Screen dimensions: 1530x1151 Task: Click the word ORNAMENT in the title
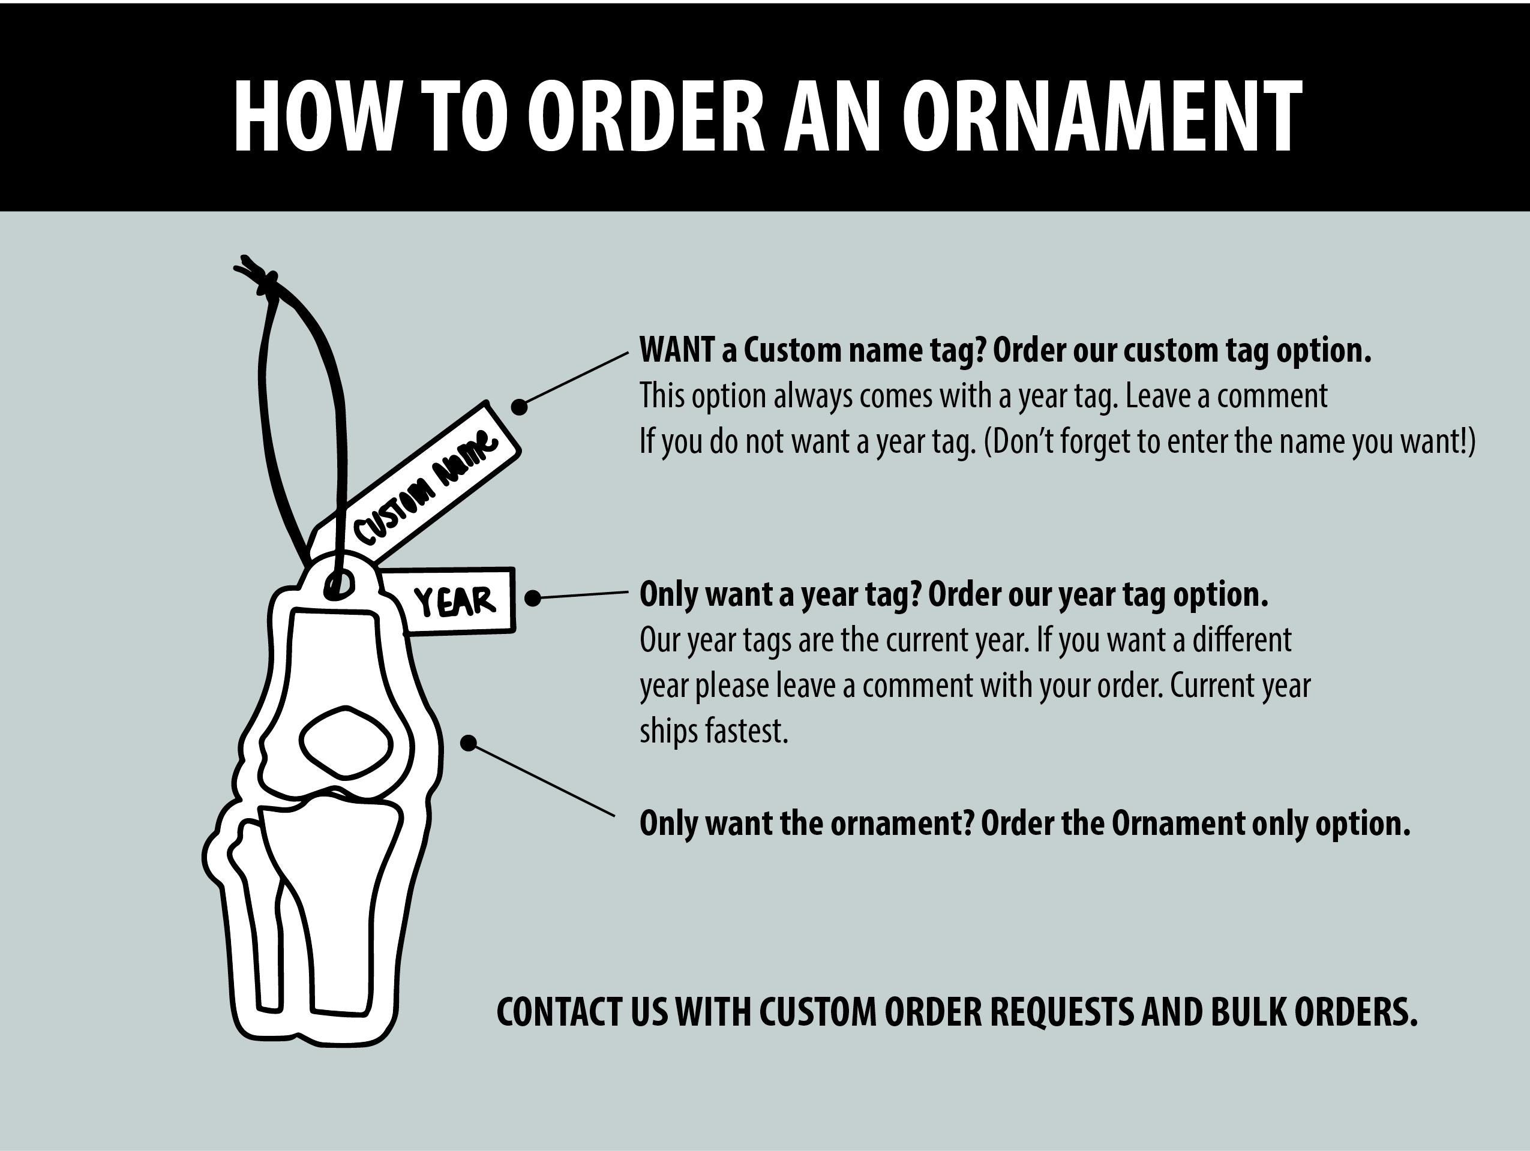(1103, 115)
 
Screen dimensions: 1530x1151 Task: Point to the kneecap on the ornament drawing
(346, 740)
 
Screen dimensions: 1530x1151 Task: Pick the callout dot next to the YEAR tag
(533, 598)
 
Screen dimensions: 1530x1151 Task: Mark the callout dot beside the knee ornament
(468, 743)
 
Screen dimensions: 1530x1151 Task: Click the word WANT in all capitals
(676, 350)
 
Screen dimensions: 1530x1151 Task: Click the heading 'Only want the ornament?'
(807, 823)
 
